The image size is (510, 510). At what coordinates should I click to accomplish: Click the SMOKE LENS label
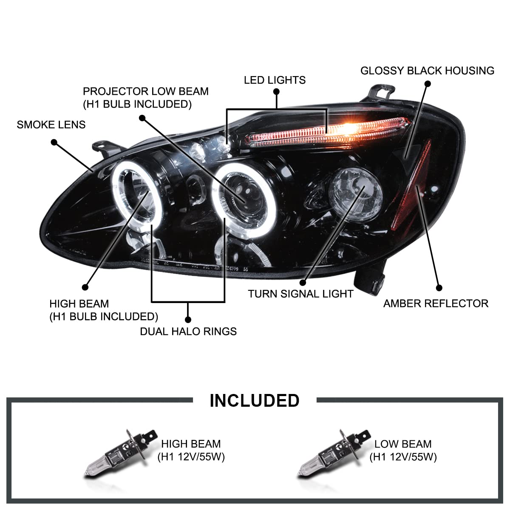tap(51, 125)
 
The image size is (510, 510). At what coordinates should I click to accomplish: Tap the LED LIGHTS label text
tap(275, 80)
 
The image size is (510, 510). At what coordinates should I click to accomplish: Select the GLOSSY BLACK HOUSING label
tap(427, 71)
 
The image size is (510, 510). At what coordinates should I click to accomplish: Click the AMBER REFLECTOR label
tap(436, 303)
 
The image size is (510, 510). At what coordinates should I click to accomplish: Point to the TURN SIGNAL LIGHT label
tap(300, 294)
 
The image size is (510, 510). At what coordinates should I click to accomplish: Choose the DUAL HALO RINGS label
tap(188, 331)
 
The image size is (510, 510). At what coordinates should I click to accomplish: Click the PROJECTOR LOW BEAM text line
tap(146, 91)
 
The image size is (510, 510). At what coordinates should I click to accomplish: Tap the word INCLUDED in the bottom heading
tap(255, 400)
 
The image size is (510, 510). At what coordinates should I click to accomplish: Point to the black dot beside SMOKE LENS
tap(54, 142)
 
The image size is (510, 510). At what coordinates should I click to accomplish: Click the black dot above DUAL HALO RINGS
tap(188, 319)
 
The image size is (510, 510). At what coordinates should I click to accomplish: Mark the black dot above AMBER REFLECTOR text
tap(439, 288)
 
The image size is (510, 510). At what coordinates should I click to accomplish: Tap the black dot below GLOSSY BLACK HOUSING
tap(427, 84)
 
